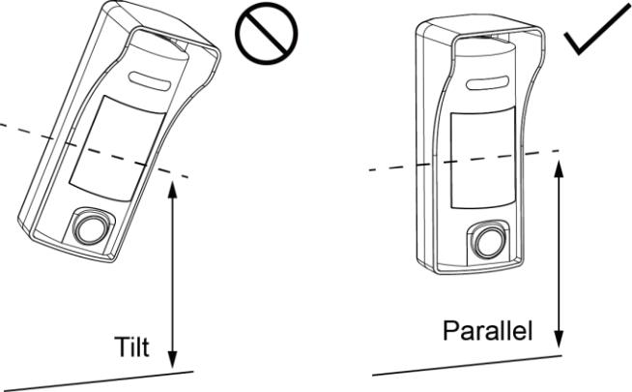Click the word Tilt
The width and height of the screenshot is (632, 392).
coord(131,347)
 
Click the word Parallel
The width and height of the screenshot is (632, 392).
coord(488,330)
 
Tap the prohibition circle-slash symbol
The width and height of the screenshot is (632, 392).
coord(267,34)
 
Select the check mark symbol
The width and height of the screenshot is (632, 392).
coord(596,29)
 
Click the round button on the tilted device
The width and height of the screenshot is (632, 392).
coord(91,228)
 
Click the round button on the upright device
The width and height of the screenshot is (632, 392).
coord(488,242)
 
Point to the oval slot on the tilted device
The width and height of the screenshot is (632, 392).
coord(150,80)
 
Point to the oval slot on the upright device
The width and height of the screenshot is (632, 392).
coord(486,83)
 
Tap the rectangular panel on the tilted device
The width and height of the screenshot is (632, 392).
coord(117,148)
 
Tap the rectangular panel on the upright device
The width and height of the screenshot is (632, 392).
coord(483,159)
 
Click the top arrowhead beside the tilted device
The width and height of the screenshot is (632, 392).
coord(173,190)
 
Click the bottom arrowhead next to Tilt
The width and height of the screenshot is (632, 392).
coord(173,359)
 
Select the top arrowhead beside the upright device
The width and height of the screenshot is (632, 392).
coord(559,169)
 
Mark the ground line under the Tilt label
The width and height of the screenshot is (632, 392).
coord(97,380)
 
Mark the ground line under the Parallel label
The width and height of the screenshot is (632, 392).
coord(467,365)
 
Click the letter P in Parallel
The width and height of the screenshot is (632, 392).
coord(451,330)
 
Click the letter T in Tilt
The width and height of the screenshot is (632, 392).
coord(122,347)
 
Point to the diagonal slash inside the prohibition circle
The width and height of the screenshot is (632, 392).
coord(267,34)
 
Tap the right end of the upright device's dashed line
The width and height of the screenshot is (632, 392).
coord(560,151)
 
